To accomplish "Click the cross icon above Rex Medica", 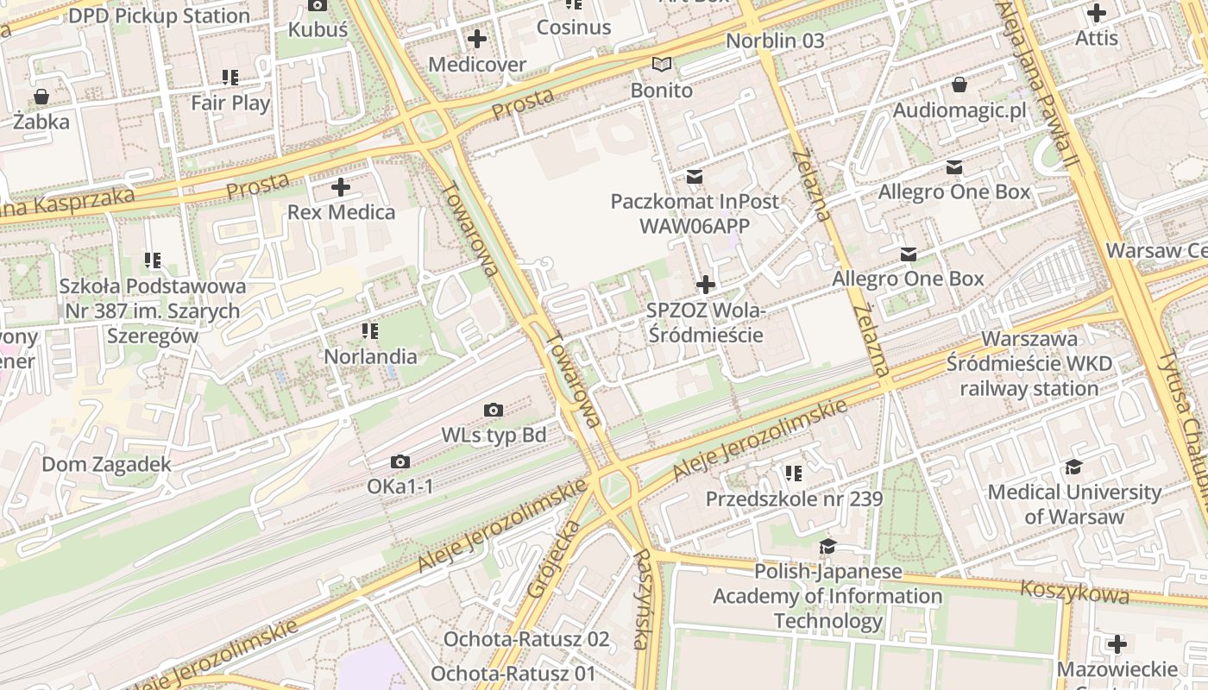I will coord(341,186).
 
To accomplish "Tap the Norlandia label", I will coord(370,356).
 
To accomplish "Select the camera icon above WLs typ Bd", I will coord(494,410).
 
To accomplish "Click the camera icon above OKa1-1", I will coord(400,462).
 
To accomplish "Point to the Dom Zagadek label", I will coord(107,465).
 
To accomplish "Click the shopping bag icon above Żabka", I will coord(41,97).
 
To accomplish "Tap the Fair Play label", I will coord(230,103).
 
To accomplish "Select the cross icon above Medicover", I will coord(476,39).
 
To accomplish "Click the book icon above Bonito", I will coord(662,65).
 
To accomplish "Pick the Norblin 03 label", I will coord(775,41).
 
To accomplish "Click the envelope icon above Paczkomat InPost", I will coord(695,177).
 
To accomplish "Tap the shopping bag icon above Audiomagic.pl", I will coord(959,85).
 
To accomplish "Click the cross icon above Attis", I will coord(1097,13).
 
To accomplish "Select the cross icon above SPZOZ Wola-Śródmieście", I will coord(706,284).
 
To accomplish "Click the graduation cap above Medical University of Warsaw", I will coord(1073,467).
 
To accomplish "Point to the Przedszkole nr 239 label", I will coord(794,499).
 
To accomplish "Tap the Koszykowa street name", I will coord(1074,593).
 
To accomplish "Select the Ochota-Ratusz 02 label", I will coord(526,640).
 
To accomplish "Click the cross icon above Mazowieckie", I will coord(1117,644).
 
